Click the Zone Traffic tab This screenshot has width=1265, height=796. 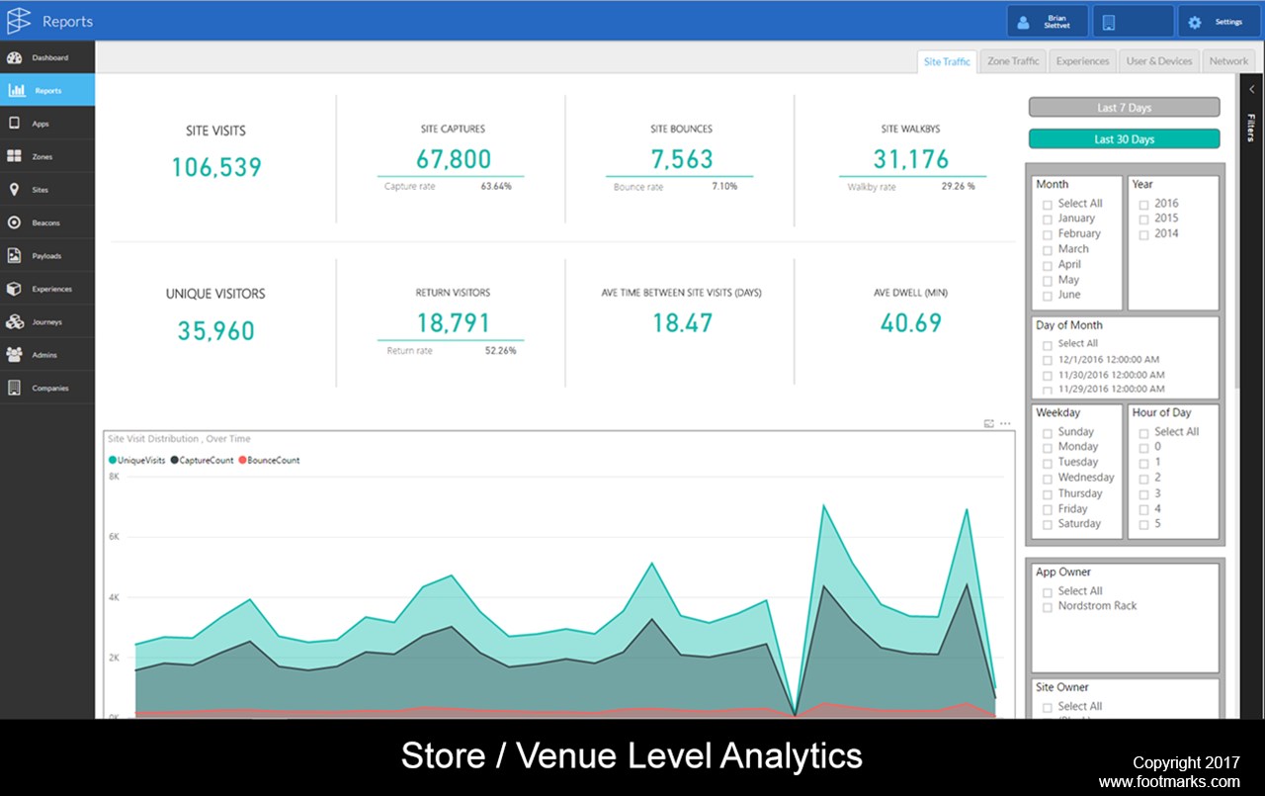pyautogui.click(x=1013, y=61)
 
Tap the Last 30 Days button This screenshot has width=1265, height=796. pyautogui.click(x=1124, y=139)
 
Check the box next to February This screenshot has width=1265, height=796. pyautogui.click(x=1048, y=234)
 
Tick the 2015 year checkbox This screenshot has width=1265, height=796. pyautogui.click(x=1143, y=219)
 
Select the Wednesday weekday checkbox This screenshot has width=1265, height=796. pyautogui.click(x=1048, y=479)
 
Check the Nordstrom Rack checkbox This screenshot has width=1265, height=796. pyautogui.click(x=1048, y=607)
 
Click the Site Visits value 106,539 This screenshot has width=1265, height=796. pyautogui.click(x=216, y=167)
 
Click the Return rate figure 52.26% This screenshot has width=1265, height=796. pyautogui.click(x=500, y=351)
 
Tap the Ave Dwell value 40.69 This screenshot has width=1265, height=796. pyautogui.click(x=911, y=322)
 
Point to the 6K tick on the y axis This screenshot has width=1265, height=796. pyautogui.click(x=114, y=537)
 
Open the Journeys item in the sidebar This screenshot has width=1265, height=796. pyautogui.click(x=46, y=322)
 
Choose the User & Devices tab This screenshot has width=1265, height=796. pyautogui.click(x=1159, y=61)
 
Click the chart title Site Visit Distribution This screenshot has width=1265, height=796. pyautogui.click(x=179, y=439)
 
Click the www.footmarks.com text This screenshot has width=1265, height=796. pyautogui.click(x=1168, y=782)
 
